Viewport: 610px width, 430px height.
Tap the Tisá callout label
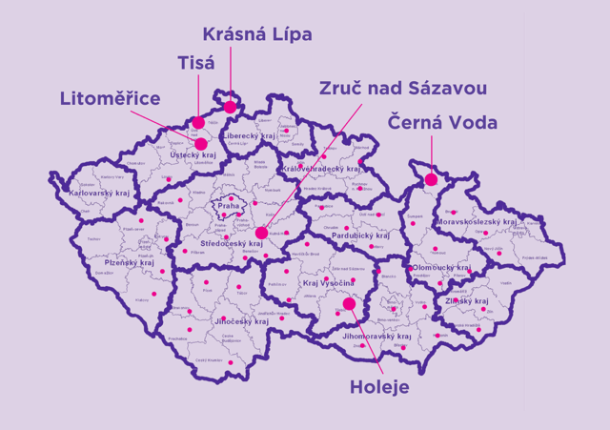pyautogui.click(x=196, y=63)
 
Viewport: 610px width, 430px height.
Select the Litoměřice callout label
pyautogui.click(x=110, y=98)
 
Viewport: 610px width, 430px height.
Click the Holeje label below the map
pyautogui.click(x=379, y=388)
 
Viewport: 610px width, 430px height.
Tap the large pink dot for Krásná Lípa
pyautogui.click(x=230, y=107)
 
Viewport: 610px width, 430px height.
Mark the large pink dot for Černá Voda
pyautogui.click(x=431, y=179)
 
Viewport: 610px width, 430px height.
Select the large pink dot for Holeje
pyautogui.click(x=349, y=304)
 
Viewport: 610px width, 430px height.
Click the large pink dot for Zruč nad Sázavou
pyautogui.click(x=261, y=233)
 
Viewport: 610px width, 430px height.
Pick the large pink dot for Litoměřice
pyautogui.click(x=201, y=144)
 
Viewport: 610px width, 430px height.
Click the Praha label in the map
pyautogui.click(x=229, y=205)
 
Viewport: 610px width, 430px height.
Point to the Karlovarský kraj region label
pyautogui.click(x=99, y=194)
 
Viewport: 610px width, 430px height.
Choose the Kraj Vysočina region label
pyautogui.click(x=327, y=284)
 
